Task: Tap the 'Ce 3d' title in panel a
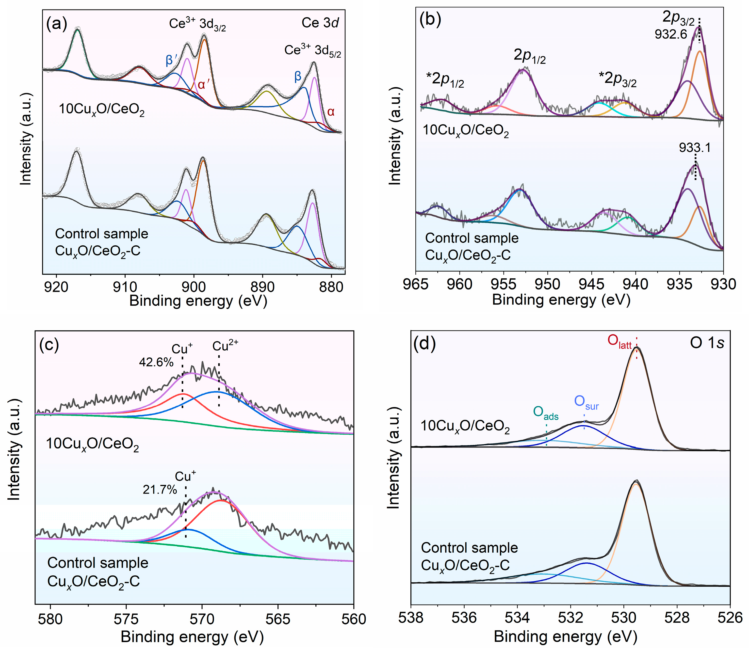point(320,23)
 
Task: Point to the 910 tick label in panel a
point(125,287)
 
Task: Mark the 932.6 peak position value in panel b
point(671,34)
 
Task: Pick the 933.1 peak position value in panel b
point(695,147)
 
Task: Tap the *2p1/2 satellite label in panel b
point(445,79)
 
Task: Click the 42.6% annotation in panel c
point(156,362)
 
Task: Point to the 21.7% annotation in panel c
point(160,490)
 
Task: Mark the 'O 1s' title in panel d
point(707,343)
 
